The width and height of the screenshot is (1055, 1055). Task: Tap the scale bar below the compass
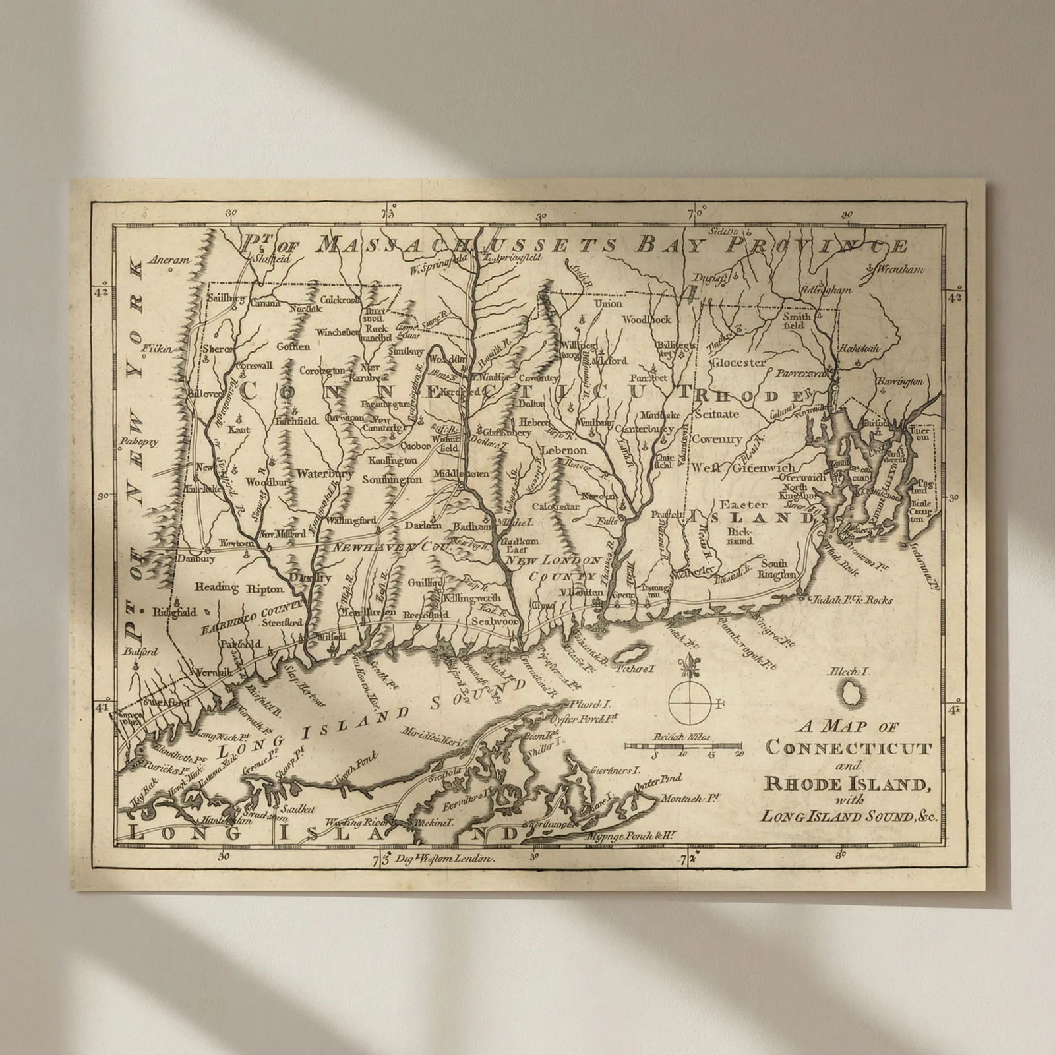[x=684, y=745]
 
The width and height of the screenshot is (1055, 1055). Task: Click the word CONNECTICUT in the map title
[x=849, y=748]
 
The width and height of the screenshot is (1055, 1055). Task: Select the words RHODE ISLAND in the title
[x=847, y=785]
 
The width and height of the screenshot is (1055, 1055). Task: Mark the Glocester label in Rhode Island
[x=738, y=362]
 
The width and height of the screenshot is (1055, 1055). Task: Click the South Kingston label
[x=777, y=569]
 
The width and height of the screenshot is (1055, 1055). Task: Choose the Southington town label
[x=392, y=479]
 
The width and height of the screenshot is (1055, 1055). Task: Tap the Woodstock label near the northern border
[x=647, y=319]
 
